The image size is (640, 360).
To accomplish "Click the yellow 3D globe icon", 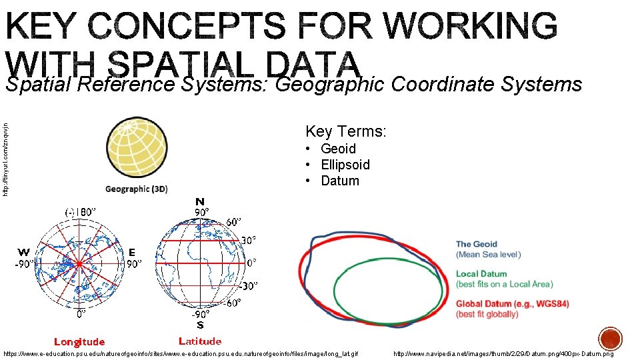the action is coord(137,148).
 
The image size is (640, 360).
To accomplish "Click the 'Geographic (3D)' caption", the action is coord(136,189).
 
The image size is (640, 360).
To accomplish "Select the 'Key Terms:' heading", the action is coord(345,131).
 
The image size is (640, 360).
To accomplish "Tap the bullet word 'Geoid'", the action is coord(338,149).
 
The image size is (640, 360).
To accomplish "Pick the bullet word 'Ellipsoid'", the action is coord(345,165).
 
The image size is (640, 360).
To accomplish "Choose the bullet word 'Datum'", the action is coord(339,181).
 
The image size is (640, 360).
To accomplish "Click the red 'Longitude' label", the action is coord(79,342).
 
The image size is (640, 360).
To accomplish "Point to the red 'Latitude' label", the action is coord(200,341).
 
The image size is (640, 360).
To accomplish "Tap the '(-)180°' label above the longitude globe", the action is coord(80,212).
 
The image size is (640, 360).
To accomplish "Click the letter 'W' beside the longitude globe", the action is coord(24,252).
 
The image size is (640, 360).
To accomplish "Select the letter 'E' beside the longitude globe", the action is coord(131,252).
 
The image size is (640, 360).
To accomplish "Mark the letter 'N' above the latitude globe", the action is coord(200,201).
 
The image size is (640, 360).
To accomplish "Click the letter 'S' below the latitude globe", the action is coord(199,325).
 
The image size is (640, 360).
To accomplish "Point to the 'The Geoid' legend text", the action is coord(476,245).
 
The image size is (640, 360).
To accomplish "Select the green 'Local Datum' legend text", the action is coord(481,274).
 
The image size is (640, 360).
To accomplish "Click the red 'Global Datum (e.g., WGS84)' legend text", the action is coord(512,304).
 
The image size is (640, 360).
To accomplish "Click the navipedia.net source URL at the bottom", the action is coord(503,353).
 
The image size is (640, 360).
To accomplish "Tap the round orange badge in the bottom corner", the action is coord(609,339).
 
